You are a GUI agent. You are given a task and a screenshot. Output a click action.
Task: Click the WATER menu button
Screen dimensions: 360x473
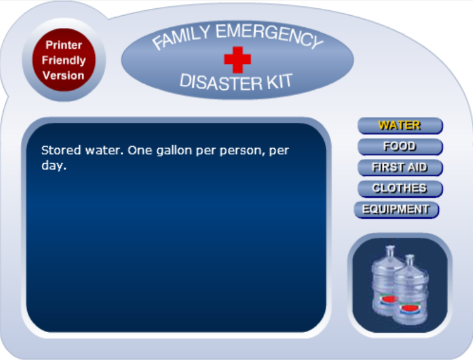[x=400, y=125]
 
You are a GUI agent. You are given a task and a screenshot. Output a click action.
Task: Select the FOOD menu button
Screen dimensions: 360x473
[x=400, y=147]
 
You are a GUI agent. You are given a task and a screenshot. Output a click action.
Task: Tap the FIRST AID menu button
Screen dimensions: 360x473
[x=400, y=168]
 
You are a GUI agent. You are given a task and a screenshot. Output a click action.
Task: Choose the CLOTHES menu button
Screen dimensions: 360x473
[x=400, y=189]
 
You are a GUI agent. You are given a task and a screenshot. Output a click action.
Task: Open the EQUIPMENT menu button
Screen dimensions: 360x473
[x=396, y=209]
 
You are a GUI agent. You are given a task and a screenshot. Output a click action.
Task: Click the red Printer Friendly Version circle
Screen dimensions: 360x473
[x=63, y=61]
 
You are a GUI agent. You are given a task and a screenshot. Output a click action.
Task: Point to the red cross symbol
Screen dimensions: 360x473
[x=237, y=59]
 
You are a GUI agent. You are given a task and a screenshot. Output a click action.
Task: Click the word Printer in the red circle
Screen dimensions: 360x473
[x=63, y=46]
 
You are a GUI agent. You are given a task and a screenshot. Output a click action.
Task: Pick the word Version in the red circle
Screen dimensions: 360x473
[x=63, y=75]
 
